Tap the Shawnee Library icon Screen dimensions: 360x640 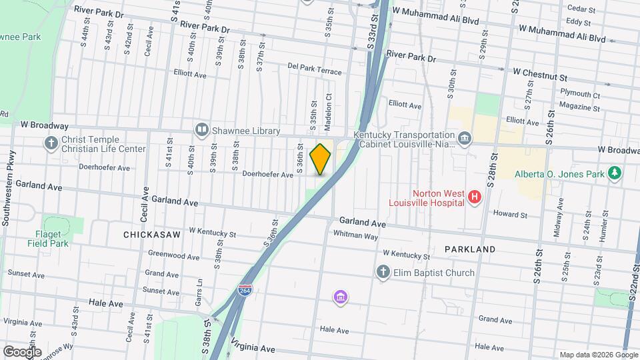point(201,129)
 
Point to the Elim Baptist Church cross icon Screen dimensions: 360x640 point(383,272)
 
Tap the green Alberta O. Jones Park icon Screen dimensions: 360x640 point(615,174)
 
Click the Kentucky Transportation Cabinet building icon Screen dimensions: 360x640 point(465,139)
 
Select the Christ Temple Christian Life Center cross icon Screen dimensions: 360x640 point(51,143)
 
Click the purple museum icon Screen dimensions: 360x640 point(341,296)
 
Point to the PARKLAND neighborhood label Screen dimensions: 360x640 point(470,249)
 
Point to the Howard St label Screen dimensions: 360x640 point(510,215)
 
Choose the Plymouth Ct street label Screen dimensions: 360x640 point(580,95)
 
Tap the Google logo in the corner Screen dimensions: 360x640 point(22,351)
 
